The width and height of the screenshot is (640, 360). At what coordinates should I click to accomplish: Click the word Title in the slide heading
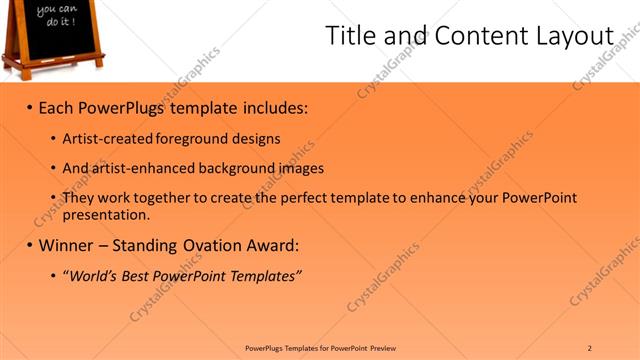click(352, 35)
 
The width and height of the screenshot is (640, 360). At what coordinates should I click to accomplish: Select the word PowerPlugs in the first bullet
click(124, 106)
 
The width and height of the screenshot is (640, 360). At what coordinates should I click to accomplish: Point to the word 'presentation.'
click(106, 214)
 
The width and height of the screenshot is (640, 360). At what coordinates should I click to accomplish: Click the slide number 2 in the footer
click(590, 348)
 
